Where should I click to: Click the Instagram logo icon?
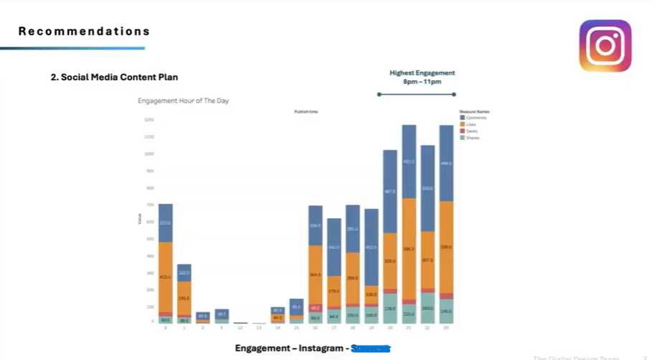pyautogui.click(x=605, y=46)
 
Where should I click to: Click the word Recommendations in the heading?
pyautogui.click(x=84, y=32)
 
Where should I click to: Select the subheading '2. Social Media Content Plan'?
pyautogui.click(x=114, y=77)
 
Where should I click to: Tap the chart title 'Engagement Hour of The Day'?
pyautogui.click(x=183, y=101)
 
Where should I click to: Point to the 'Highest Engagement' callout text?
pyautogui.click(x=422, y=72)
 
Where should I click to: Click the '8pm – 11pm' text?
pyautogui.click(x=422, y=82)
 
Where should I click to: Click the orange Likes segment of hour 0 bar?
pyautogui.click(x=165, y=277)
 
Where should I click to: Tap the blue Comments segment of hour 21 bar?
pyautogui.click(x=409, y=162)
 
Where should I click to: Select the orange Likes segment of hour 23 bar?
pyautogui.click(x=446, y=247)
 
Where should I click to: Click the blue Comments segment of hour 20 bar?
pyautogui.click(x=390, y=191)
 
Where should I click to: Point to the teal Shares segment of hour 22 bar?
pyautogui.click(x=427, y=308)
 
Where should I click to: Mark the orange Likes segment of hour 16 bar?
pyautogui.click(x=316, y=275)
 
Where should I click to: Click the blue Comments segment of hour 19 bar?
pyautogui.click(x=371, y=247)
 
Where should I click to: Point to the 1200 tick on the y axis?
pyautogui.click(x=148, y=120)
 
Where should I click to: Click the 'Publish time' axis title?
pyautogui.click(x=306, y=113)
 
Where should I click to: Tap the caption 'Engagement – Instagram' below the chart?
pyautogui.click(x=289, y=349)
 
